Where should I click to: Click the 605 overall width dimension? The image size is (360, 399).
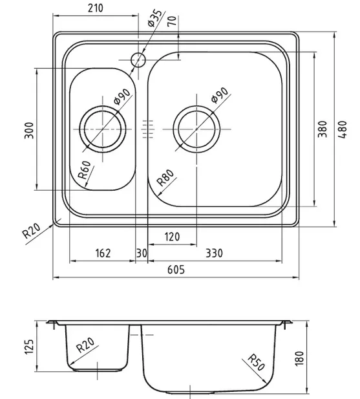[x=176, y=270]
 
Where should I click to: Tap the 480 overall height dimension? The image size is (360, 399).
[x=343, y=129]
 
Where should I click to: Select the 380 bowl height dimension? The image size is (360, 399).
[x=323, y=129]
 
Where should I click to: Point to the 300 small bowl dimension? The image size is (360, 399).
[x=29, y=131]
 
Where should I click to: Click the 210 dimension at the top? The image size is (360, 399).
[x=96, y=8]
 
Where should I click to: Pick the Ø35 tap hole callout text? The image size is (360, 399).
[x=154, y=18]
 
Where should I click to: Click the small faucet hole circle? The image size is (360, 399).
[x=138, y=60]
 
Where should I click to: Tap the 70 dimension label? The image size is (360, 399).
[x=172, y=21]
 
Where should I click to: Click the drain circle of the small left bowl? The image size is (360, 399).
[x=103, y=106]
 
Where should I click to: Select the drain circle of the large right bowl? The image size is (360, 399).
[x=196, y=105]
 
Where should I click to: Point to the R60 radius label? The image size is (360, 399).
[x=85, y=169]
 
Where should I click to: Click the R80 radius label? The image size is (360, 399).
[x=165, y=178]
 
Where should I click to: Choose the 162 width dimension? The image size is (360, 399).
[x=103, y=253]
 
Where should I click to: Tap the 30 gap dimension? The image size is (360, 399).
[x=142, y=253]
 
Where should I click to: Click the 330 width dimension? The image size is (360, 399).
[x=214, y=253]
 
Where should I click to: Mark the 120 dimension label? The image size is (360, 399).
[x=172, y=237]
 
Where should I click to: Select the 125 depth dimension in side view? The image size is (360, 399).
[x=29, y=347]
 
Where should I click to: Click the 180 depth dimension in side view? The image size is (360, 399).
[x=299, y=358]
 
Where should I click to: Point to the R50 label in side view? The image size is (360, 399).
[x=257, y=362]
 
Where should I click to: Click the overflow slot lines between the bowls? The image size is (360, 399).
[x=148, y=129]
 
